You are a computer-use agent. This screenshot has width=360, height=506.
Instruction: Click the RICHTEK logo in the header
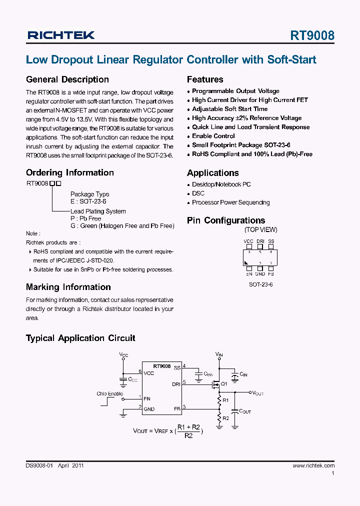tap(61, 35)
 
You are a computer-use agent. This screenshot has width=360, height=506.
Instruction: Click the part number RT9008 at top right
tap(312, 35)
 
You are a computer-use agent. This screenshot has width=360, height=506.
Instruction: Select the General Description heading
tap(67, 79)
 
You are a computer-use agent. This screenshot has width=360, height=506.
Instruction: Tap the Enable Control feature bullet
tap(213, 136)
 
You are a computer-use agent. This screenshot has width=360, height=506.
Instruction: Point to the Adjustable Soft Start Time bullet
tap(229, 109)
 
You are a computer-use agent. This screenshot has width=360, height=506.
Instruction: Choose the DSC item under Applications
tap(198, 193)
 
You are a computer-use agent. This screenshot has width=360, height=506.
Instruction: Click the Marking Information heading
tap(68, 287)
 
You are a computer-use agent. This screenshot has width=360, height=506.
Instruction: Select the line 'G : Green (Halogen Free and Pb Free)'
tap(122, 226)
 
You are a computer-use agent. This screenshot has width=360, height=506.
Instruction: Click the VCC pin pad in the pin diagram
tap(248, 246)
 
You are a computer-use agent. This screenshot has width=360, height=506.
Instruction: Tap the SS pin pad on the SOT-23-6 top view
tap(271, 246)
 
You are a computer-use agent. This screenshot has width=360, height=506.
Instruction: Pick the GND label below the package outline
tap(260, 274)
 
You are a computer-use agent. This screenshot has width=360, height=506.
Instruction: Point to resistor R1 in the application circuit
tap(219, 400)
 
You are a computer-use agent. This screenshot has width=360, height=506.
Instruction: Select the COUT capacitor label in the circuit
tap(245, 411)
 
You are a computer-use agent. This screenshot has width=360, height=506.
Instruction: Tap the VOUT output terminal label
tap(257, 393)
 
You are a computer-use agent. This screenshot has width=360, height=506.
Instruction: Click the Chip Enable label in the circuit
tap(109, 394)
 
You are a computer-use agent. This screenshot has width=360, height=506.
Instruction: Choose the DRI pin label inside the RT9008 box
tap(176, 384)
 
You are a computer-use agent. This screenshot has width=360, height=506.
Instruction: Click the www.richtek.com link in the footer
tap(313, 465)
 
